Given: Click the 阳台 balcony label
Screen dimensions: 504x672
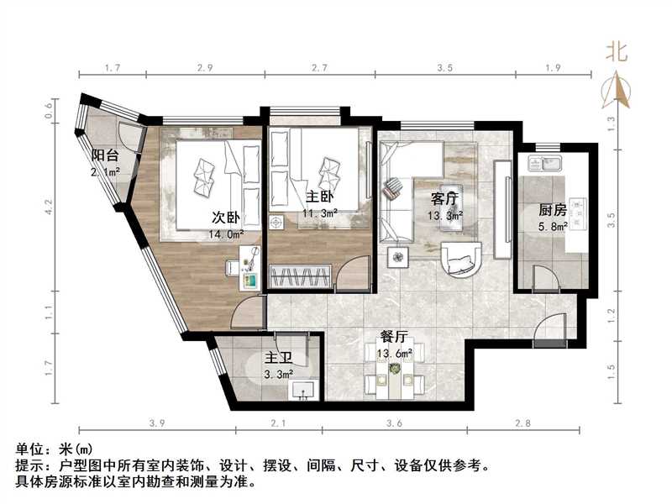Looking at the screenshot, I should click(x=104, y=155).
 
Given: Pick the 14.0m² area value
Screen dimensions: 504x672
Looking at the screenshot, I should click(x=227, y=236).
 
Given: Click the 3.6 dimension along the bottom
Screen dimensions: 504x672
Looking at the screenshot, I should click(x=392, y=424).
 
